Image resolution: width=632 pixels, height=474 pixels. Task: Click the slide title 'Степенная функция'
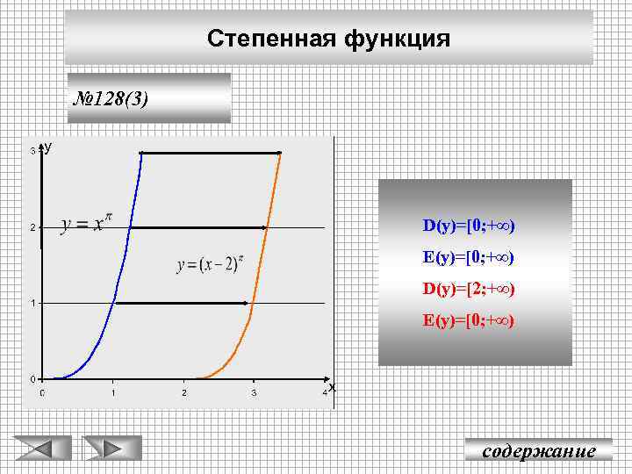pos(329,39)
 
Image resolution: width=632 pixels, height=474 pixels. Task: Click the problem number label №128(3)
pos(112,97)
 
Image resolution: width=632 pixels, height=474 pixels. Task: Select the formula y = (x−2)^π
pos(210,263)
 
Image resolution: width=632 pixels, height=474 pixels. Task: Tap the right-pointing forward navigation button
pos(111,449)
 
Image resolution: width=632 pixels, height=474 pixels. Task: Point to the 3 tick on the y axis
pos(32,152)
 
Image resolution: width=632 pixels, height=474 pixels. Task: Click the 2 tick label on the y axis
pos(32,228)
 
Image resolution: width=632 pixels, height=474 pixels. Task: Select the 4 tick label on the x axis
pos(325,392)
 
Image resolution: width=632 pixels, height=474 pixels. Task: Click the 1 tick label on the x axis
pos(113,392)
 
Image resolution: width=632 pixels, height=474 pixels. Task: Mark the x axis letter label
pos(332,387)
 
